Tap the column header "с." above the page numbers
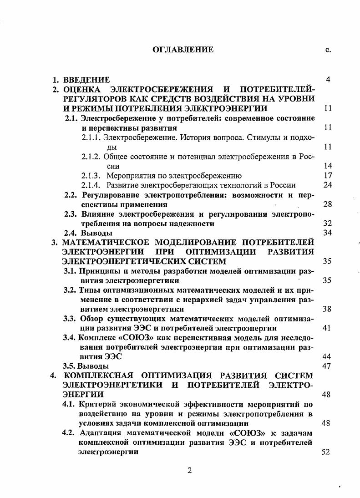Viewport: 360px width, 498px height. click(x=328, y=50)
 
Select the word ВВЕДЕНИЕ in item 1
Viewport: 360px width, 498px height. click(x=86, y=80)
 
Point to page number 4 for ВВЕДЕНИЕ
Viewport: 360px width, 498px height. click(x=328, y=80)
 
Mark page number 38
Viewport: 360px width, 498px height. click(x=326, y=309)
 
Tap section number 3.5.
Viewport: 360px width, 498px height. click(x=69, y=366)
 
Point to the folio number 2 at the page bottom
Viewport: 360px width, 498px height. click(x=190, y=471)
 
